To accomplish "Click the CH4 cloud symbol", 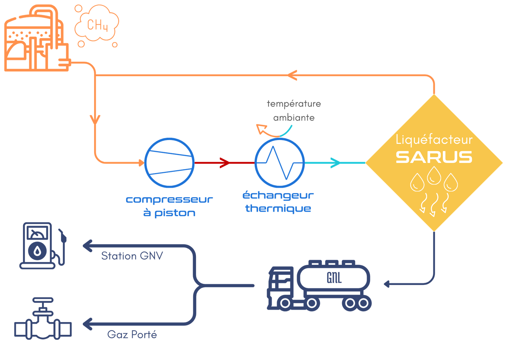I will (97, 25).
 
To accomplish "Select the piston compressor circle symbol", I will (169, 163).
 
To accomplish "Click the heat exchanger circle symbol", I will (280, 163).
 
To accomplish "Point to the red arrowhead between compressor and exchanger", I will (225, 163).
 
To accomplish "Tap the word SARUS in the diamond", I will (434, 157).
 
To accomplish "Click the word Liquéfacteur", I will (434, 140).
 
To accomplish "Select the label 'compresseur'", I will (169, 200).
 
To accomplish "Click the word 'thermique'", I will (278, 208).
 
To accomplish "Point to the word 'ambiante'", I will (294, 118).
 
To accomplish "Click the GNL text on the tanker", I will (334, 278).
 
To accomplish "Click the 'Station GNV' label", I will (132, 256).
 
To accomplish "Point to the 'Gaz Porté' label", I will (132, 335).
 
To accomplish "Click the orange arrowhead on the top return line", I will (292, 75).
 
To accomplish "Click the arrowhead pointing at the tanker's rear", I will (387, 283).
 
